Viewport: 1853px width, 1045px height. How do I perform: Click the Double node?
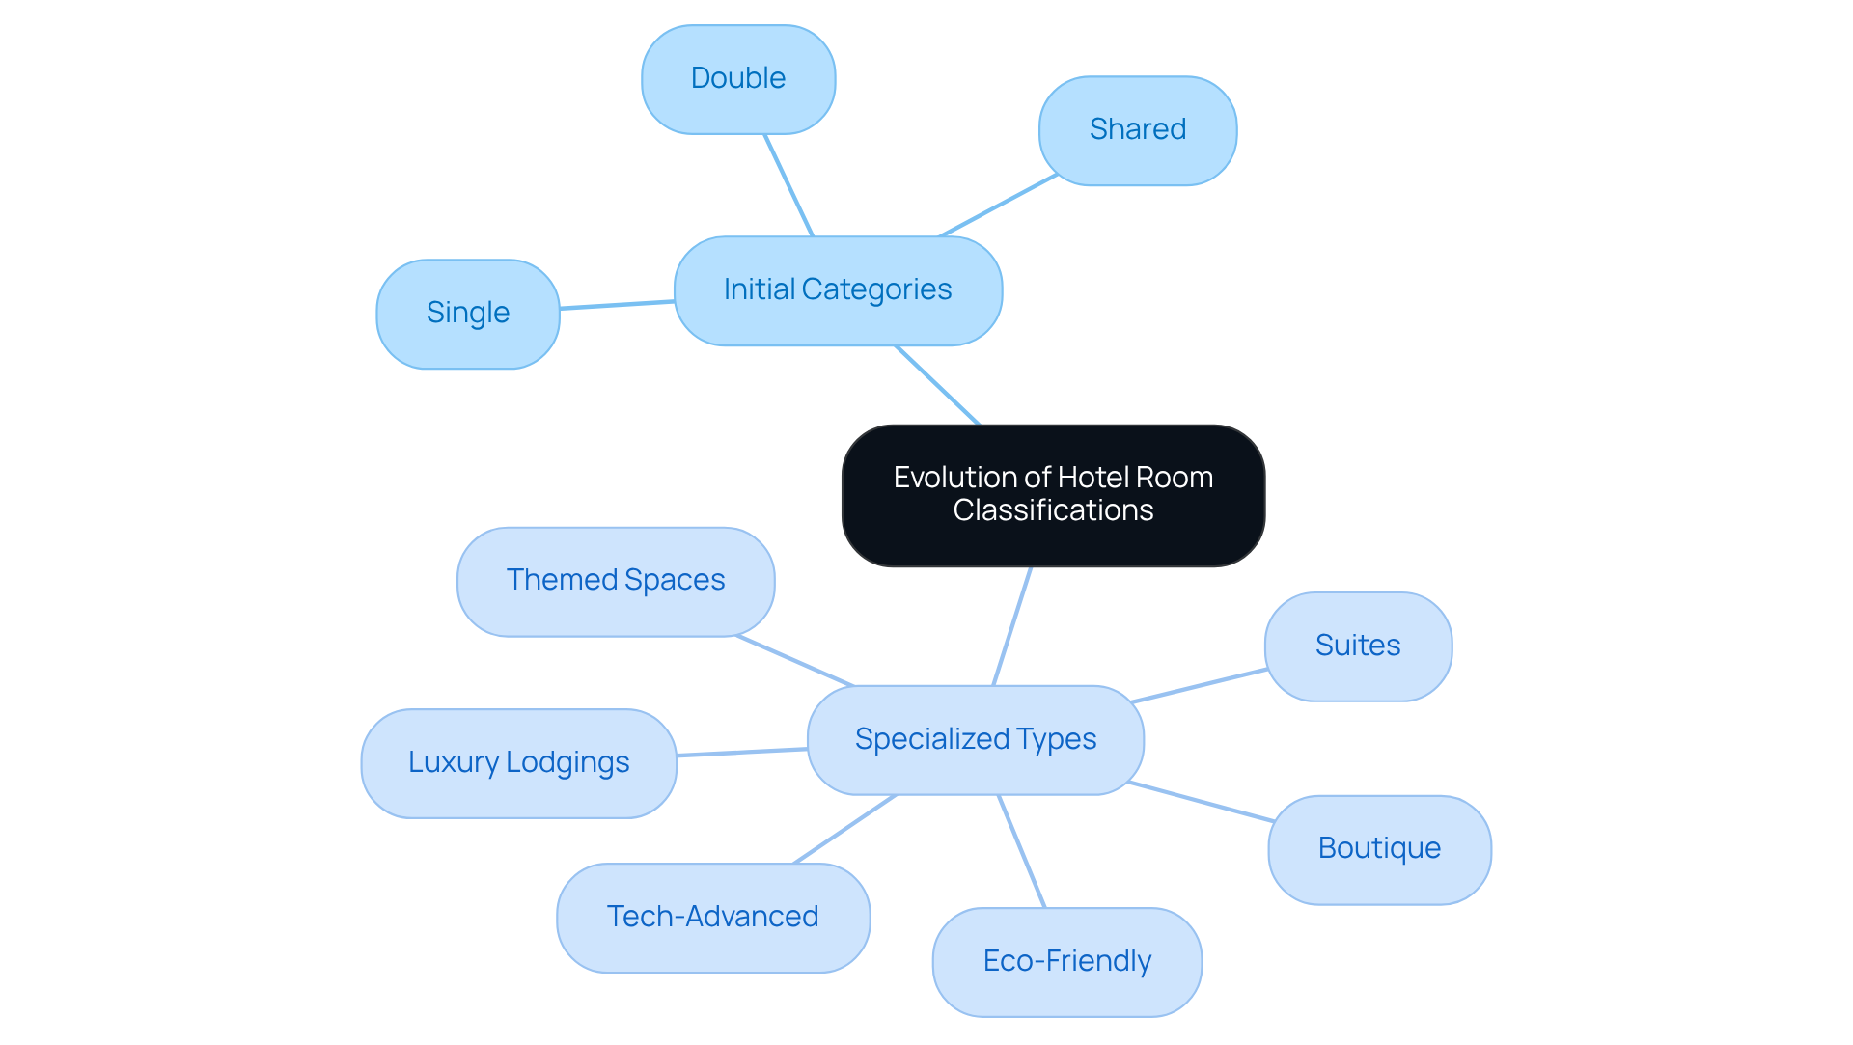point(738,79)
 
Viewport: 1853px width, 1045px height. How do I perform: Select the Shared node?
point(1138,130)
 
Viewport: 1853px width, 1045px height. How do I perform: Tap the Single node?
point(468,314)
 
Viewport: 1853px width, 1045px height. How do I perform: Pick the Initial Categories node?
point(838,290)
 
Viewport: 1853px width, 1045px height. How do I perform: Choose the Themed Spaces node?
point(616,581)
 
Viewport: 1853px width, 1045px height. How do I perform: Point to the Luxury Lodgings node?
point(518,763)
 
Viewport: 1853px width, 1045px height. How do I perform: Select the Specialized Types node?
point(975,740)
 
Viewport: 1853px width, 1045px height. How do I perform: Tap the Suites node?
point(1358,646)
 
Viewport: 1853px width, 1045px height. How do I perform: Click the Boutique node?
point(1379,849)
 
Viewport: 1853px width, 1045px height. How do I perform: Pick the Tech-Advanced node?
point(712,918)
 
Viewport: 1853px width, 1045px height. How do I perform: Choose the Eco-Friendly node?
point(1066,962)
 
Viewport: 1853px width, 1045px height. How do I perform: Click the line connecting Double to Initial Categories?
point(788,185)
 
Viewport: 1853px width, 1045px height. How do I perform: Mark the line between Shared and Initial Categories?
point(999,206)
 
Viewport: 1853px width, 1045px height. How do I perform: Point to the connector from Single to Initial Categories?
point(617,305)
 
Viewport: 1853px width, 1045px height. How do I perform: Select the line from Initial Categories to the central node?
point(937,385)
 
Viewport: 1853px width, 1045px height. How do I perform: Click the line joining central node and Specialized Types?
point(1012,626)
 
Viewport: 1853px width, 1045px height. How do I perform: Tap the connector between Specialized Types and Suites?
point(1200,685)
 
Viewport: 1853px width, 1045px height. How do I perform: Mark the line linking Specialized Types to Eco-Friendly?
point(1021,851)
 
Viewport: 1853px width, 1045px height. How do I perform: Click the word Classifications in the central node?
point(1053,510)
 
